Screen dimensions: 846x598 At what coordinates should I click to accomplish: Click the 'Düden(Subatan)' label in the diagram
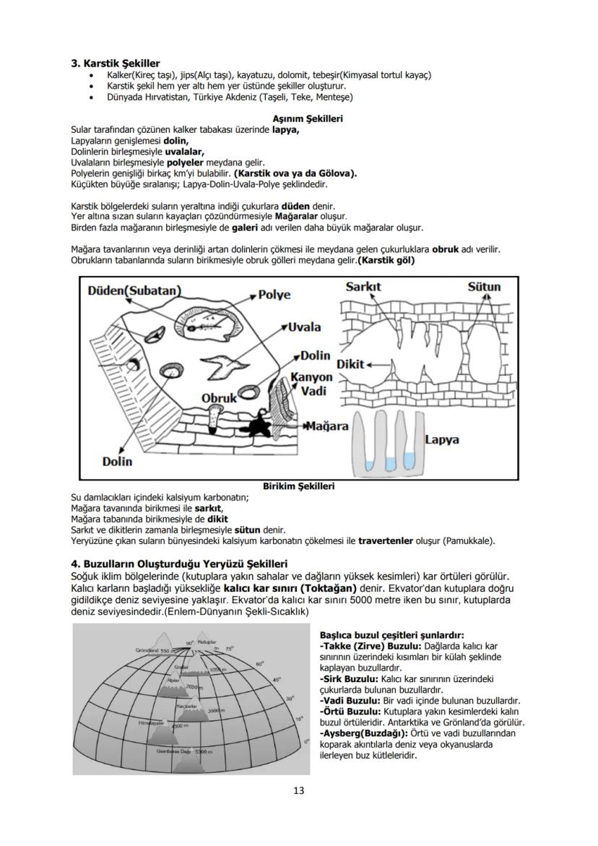[134, 290]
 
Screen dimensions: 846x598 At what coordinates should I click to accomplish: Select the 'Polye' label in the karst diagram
[274, 295]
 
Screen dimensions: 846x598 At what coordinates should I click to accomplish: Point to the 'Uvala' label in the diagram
[304, 327]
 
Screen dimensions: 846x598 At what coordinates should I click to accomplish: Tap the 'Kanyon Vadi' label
[313, 384]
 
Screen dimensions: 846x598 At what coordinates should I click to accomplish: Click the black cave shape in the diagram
[258, 424]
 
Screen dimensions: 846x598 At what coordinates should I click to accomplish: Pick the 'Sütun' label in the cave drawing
[483, 287]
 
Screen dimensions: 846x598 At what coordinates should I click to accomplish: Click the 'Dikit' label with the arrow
[351, 364]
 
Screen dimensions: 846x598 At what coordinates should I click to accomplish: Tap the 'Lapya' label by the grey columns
[441, 439]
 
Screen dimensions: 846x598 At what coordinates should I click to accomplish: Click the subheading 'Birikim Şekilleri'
[298, 486]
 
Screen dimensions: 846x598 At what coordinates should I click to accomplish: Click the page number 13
[299, 790]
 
